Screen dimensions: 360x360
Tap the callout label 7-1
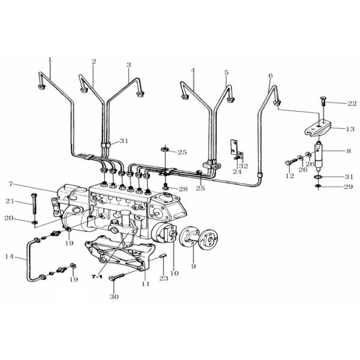click(x=97, y=278)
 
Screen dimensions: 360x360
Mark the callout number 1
click(x=50, y=59)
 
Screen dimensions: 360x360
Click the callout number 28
click(x=183, y=189)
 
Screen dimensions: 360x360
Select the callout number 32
click(x=243, y=166)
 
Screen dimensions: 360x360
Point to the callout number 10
click(x=175, y=274)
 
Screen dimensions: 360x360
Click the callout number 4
click(x=193, y=70)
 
